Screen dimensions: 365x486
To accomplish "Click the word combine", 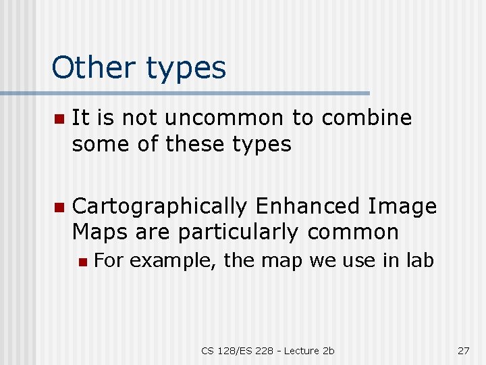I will coord(367,118).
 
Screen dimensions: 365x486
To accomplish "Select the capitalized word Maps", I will coord(100,233).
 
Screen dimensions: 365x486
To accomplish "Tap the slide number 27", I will coord(463,350).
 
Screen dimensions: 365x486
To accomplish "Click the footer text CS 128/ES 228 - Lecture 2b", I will coord(268,350).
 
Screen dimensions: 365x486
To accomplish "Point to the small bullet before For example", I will coord(82,262).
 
